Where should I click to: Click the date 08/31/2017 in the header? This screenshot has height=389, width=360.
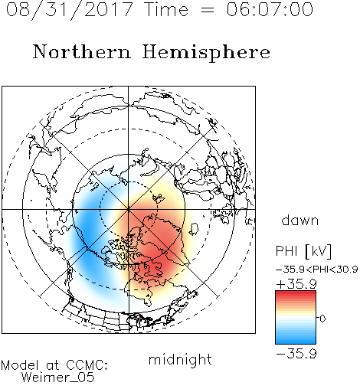pyautogui.click(x=69, y=10)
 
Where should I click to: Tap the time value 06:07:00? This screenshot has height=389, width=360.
pyautogui.click(x=270, y=9)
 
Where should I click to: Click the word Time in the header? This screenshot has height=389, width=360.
pyautogui.click(x=166, y=9)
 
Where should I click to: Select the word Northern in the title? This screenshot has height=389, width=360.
pyautogui.click(x=82, y=51)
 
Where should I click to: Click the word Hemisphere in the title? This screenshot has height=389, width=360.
pyautogui.click(x=206, y=53)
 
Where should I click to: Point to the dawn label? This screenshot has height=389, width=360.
pyautogui.click(x=300, y=220)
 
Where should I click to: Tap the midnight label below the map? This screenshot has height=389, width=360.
pyautogui.click(x=180, y=360)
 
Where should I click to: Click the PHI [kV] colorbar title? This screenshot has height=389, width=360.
pyautogui.click(x=304, y=251)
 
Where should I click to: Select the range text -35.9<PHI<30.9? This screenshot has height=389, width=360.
pyautogui.click(x=316, y=270)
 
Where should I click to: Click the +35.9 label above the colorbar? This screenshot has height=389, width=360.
pyautogui.click(x=296, y=284)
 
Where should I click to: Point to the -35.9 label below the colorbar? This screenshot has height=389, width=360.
pyautogui.click(x=296, y=354)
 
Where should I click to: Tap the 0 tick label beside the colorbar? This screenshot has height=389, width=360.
pyautogui.click(x=322, y=319)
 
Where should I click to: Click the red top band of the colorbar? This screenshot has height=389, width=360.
pyautogui.click(x=296, y=294)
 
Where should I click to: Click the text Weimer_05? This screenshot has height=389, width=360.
pyautogui.click(x=58, y=378)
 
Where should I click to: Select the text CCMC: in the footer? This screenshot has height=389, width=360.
pyautogui.click(x=87, y=365)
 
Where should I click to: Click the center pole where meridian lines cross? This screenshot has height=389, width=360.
pyautogui.click(x=129, y=209)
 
